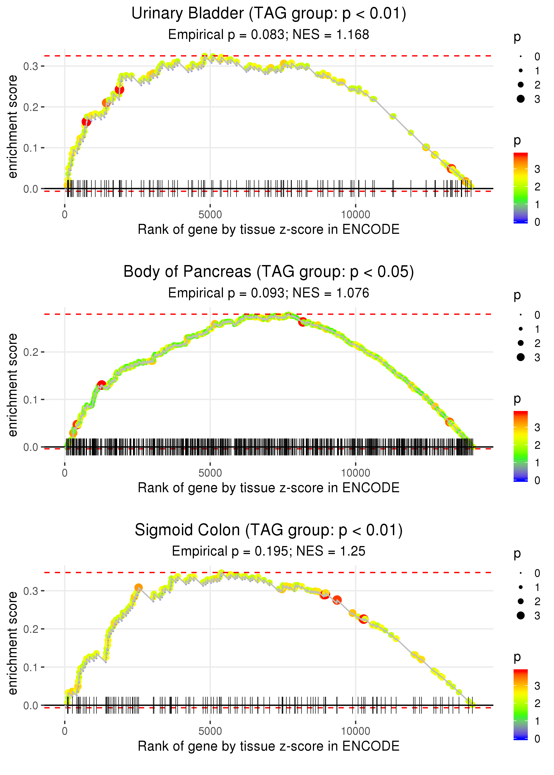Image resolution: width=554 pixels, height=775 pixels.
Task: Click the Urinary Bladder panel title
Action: pyautogui.click(x=269, y=14)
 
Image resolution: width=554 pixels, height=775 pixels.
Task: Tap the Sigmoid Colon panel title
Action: pyautogui.click(x=269, y=530)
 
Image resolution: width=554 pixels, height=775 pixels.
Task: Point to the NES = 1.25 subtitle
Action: pyautogui.click(x=331, y=551)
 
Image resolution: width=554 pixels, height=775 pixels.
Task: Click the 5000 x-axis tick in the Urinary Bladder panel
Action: pyautogui.click(x=210, y=215)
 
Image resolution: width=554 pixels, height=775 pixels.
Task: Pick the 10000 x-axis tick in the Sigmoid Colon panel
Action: pyautogui.click(x=355, y=731)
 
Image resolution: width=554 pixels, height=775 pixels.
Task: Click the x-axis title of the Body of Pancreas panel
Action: pyautogui.click(x=269, y=488)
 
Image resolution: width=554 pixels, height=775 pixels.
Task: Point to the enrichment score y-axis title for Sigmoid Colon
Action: pyautogui.click(x=13, y=643)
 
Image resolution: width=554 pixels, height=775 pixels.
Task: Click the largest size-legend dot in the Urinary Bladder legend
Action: pyautogui.click(x=521, y=99)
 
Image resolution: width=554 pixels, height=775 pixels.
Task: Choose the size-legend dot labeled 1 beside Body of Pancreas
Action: pyautogui.click(x=521, y=329)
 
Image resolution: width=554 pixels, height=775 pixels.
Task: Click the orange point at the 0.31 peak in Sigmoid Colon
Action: pyautogui.click(x=138, y=587)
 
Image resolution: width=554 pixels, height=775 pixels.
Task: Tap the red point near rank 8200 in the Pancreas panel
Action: pyautogui.click(x=302, y=322)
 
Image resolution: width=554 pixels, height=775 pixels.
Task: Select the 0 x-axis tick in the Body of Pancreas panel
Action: pyautogui.click(x=65, y=473)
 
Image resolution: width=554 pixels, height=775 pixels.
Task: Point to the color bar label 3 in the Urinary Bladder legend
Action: pyautogui.click(x=537, y=169)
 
